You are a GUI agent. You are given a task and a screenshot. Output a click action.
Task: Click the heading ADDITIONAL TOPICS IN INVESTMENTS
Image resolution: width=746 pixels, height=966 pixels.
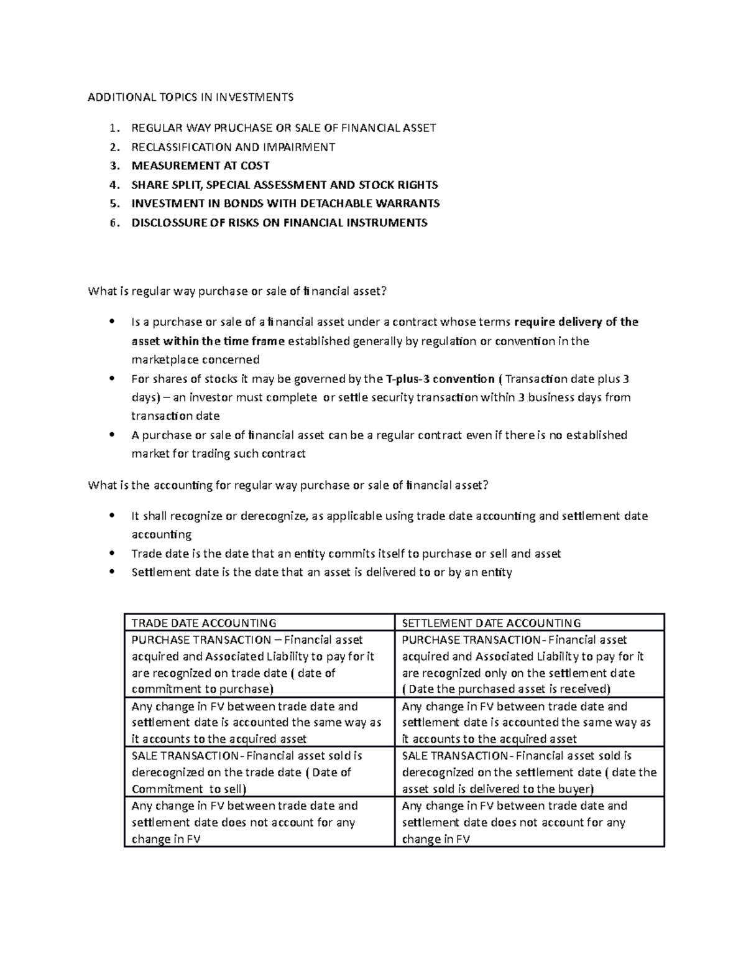tap(190, 97)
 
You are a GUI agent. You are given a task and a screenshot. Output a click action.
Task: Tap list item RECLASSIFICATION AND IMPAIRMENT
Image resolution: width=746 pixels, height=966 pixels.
tap(233, 147)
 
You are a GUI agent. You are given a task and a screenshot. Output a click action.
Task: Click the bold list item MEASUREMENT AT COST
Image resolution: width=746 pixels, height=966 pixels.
tap(200, 166)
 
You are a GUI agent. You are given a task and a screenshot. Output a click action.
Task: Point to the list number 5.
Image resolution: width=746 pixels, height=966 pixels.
tap(112, 203)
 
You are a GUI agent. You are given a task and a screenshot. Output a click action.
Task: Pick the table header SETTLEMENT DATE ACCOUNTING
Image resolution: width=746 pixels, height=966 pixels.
tap(491, 623)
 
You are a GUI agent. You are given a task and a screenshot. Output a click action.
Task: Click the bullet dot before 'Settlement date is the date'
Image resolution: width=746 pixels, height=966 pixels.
tap(112, 572)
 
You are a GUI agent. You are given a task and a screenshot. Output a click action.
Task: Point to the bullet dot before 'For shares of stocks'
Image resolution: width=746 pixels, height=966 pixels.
tap(112, 379)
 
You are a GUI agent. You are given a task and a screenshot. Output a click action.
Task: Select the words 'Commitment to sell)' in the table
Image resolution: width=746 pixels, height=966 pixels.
tap(189, 789)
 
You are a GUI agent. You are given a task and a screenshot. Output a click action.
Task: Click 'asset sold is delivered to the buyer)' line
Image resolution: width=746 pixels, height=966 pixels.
tap(498, 789)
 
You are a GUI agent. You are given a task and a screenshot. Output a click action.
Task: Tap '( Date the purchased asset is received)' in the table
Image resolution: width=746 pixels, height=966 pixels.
tap(507, 689)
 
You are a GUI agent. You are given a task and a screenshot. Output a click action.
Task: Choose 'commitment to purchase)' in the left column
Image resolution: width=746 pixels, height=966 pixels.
tap(203, 689)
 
